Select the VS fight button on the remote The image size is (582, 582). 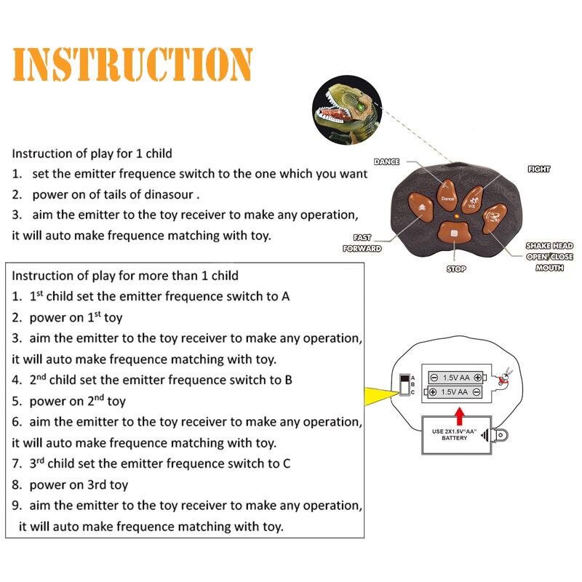click(x=472, y=197)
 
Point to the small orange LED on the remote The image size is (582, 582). click(x=452, y=217)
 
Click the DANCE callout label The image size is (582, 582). click(x=386, y=162)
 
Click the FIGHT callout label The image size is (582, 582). click(x=539, y=170)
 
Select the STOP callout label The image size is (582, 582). click(x=456, y=269)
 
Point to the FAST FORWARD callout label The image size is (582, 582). click(x=362, y=243)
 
